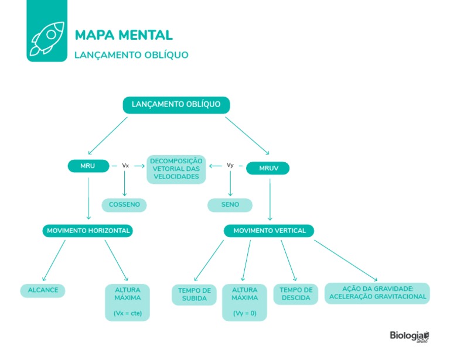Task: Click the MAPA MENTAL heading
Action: [x=124, y=35]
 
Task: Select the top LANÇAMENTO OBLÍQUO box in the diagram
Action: [x=176, y=105]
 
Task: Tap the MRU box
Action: [x=87, y=166]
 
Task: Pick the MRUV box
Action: [x=267, y=169]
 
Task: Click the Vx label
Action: [x=125, y=166]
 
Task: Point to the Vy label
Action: [x=230, y=165]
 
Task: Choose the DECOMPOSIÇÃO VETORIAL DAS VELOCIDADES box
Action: [x=176, y=169]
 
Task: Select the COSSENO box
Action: [x=124, y=205]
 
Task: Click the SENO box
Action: [x=230, y=205]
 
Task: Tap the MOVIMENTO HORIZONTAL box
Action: [x=88, y=231]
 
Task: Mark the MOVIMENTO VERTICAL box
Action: [x=269, y=231]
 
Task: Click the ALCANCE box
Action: [x=43, y=290]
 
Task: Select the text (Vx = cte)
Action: [x=128, y=314]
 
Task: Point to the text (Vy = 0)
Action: [x=244, y=313]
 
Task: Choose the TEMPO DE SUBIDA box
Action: [x=194, y=294]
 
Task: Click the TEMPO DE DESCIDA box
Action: [x=296, y=294]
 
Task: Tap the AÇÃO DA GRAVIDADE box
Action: [x=377, y=293]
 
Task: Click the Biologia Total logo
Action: [x=409, y=337]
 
